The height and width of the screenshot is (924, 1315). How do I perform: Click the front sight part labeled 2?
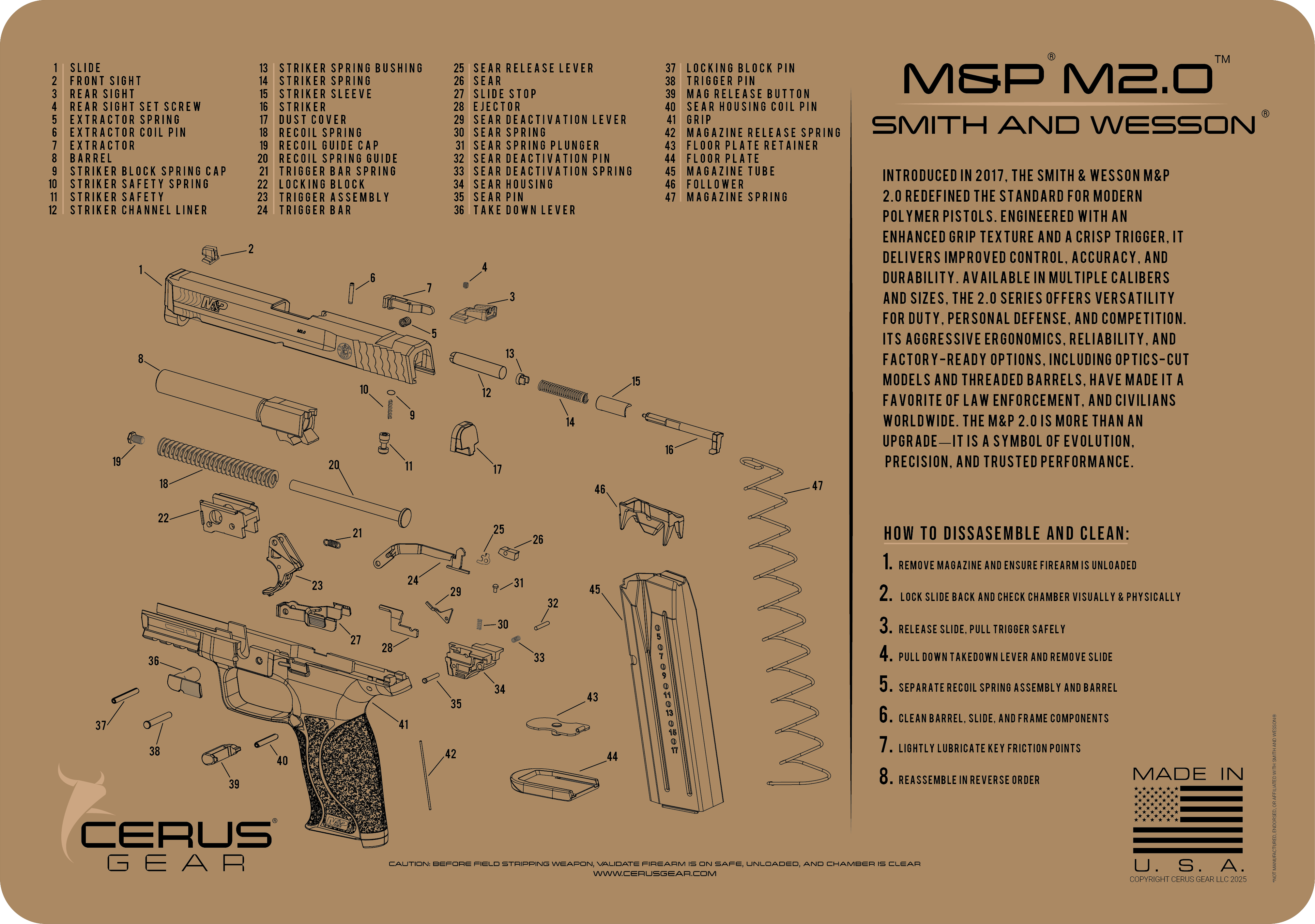pos(210,254)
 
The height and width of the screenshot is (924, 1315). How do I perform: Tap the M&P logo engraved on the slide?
pos(214,304)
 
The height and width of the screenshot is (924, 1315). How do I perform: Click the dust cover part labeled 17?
pos(463,438)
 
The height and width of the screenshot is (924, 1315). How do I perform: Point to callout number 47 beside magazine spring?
pos(817,486)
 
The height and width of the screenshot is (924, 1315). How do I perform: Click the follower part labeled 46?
pos(650,518)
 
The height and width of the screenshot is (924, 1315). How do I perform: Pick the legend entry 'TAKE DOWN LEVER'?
pos(524,210)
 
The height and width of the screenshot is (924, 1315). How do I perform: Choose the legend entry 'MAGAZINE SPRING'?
pos(737,197)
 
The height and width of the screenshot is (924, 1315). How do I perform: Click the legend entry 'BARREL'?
pos(91,159)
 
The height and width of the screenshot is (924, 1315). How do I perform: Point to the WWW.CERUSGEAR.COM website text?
pos(654,873)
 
